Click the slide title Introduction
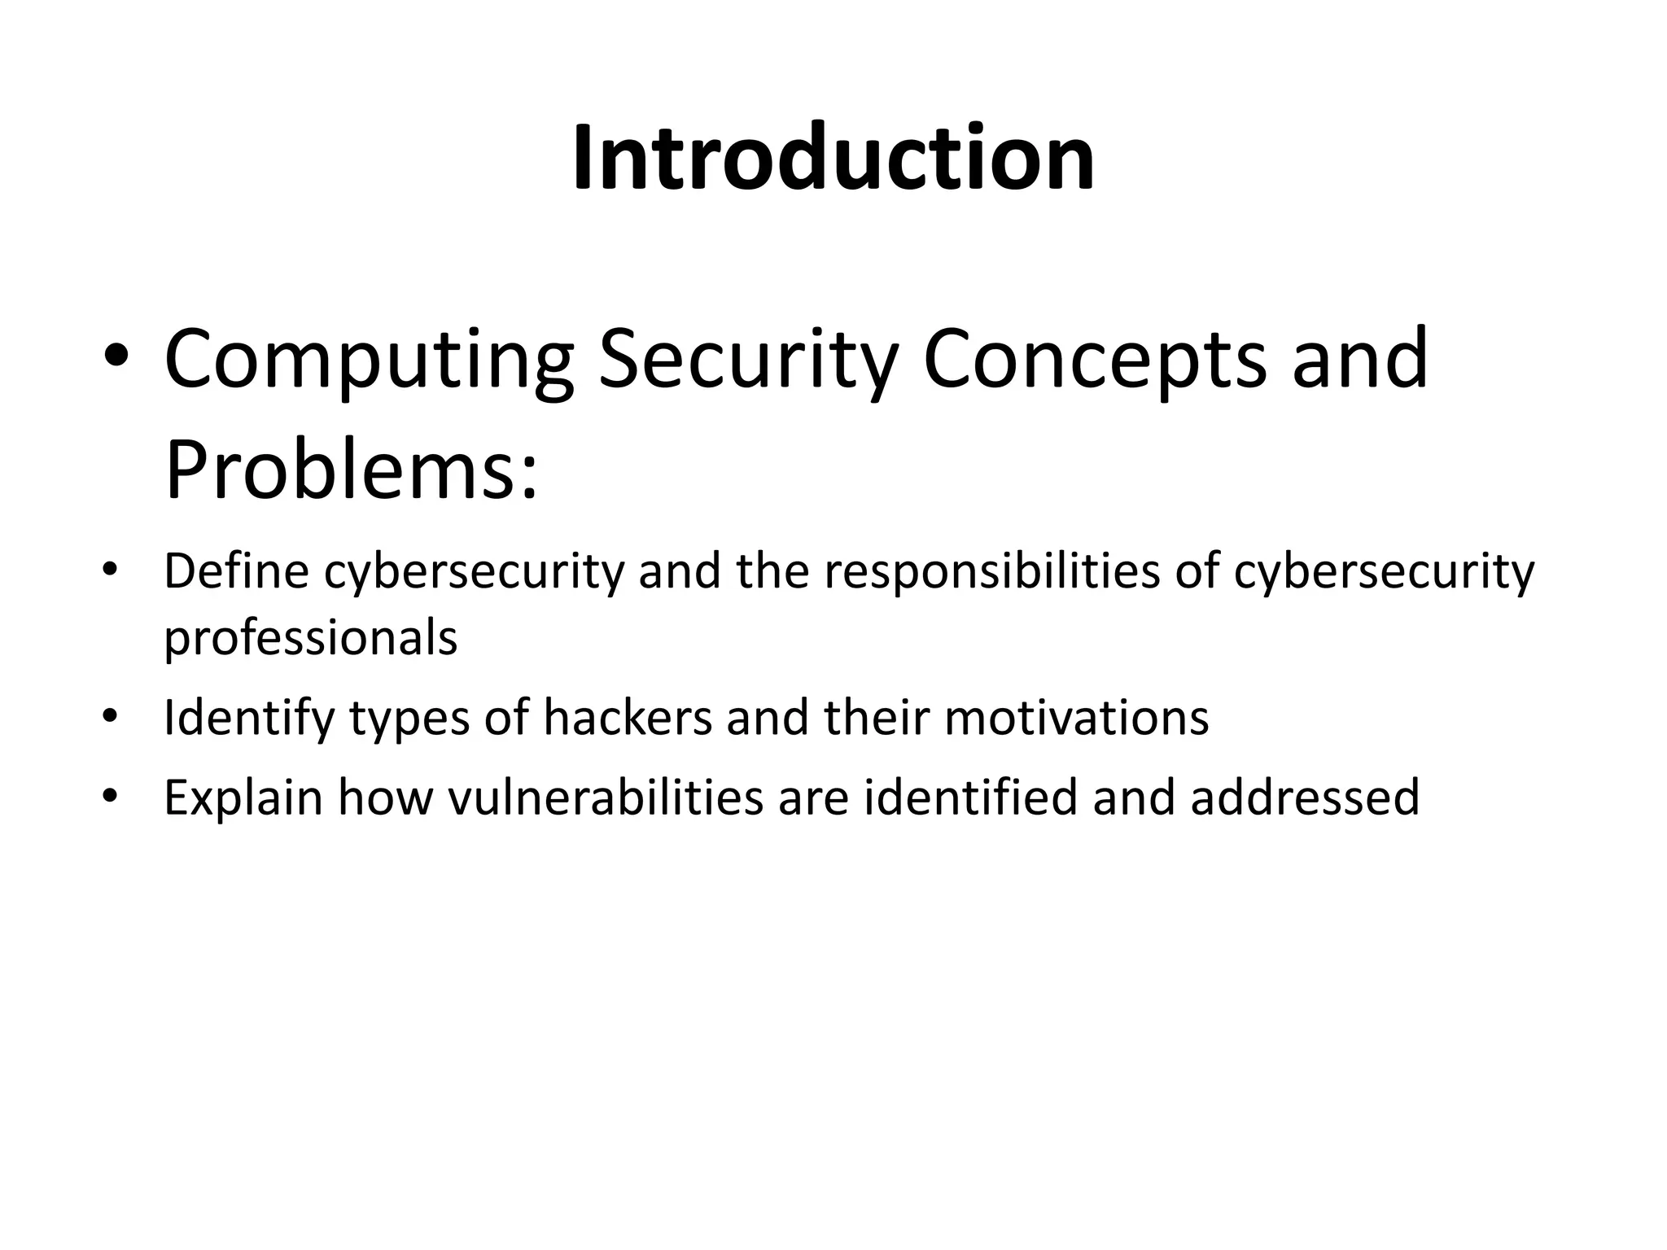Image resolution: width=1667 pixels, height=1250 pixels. coord(833,158)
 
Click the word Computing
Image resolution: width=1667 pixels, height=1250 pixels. coord(369,359)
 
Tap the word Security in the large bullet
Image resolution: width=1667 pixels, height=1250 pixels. coord(748,359)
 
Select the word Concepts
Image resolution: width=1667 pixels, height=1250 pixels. coord(1094,359)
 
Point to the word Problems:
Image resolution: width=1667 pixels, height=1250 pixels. coord(351,471)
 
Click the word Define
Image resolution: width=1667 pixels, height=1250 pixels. coord(236,571)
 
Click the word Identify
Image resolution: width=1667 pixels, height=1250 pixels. coord(249,718)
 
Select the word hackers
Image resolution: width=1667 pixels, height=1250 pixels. coord(628,718)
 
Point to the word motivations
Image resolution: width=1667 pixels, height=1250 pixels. coord(1076,718)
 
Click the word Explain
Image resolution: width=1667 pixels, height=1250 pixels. coord(243,798)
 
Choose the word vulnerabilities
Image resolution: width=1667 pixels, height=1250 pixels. coord(606,798)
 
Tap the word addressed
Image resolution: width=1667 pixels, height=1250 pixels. coord(1305,798)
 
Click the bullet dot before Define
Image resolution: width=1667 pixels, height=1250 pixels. coord(111,569)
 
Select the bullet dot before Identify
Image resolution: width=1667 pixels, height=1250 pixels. coord(111,716)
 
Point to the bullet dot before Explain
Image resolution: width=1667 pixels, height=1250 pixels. coord(111,795)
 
